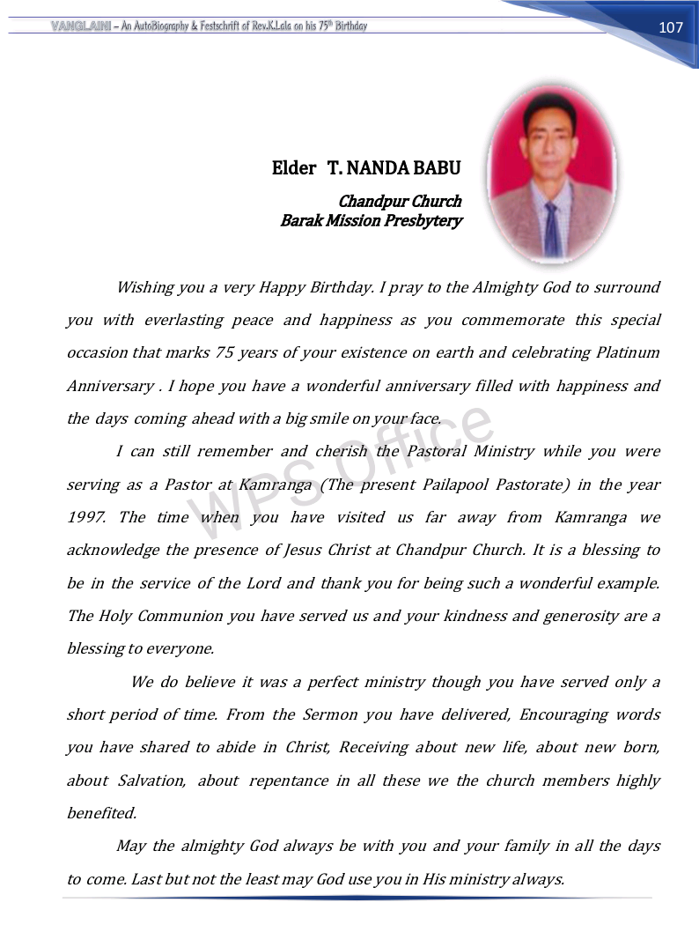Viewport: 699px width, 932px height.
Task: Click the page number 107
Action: coord(670,27)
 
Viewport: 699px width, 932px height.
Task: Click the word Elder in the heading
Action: coord(293,167)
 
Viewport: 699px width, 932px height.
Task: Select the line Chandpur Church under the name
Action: coord(400,202)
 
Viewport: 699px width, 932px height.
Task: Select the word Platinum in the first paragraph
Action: coord(628,352)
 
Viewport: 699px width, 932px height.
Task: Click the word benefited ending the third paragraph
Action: coord(101,813)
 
